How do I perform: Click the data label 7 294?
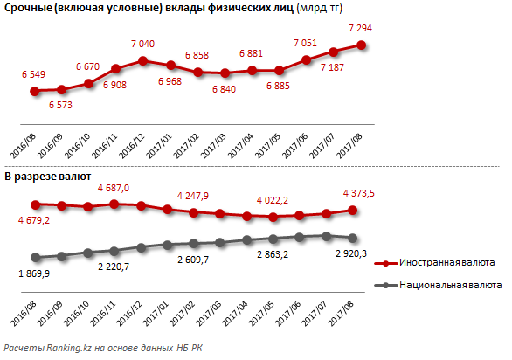(360, 28)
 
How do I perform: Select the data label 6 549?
(33, 74)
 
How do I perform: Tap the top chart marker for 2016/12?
(143, 61)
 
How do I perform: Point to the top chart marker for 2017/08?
(361, 45)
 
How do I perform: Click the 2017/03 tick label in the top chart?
(213, 146)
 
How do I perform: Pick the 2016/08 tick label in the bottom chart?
(24, 314)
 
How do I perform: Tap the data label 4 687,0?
(114, 188)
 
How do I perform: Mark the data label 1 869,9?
(34, 273)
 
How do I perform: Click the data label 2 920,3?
(351, 253)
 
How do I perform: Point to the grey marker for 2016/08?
(36, 258)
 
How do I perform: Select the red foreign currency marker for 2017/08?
(352, 211)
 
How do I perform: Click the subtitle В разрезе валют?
(48, 177)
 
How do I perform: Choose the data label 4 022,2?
(273, 200)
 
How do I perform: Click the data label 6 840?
(224, 89)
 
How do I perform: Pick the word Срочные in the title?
(28, 8)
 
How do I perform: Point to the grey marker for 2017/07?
(326, 236)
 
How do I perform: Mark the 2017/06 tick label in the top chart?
(294, 146)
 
